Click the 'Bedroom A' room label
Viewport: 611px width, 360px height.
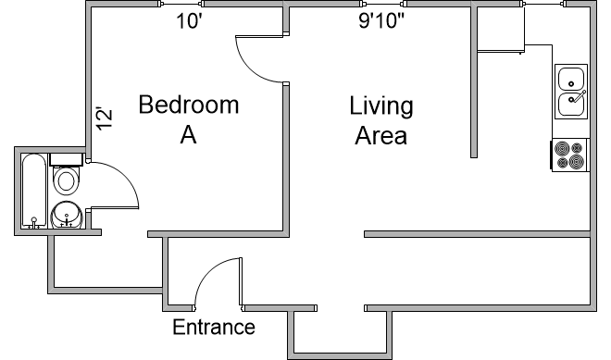point(189,119)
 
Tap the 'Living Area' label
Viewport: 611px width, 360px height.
point(381,120)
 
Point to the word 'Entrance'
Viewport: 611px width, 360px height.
point(214,327)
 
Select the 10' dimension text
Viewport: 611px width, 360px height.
point(189,21)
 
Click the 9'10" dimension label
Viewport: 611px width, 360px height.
point(381,20)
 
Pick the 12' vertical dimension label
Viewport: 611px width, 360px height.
point(105,118)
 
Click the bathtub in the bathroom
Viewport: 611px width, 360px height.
point(34,191)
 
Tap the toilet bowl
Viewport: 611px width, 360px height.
point(66,180)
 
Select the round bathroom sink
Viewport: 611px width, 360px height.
point(67,215)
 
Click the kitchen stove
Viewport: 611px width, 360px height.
point(569,155)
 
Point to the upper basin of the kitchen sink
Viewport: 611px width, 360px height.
point(571,79)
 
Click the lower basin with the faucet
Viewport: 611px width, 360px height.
point(571,104)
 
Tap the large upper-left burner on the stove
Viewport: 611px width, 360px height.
point(562,148)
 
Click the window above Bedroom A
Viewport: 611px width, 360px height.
point(181,4)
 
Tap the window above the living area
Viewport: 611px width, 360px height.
point(383,4)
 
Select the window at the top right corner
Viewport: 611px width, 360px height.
point(544,4)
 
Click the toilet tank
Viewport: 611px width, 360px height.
point(66,159)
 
